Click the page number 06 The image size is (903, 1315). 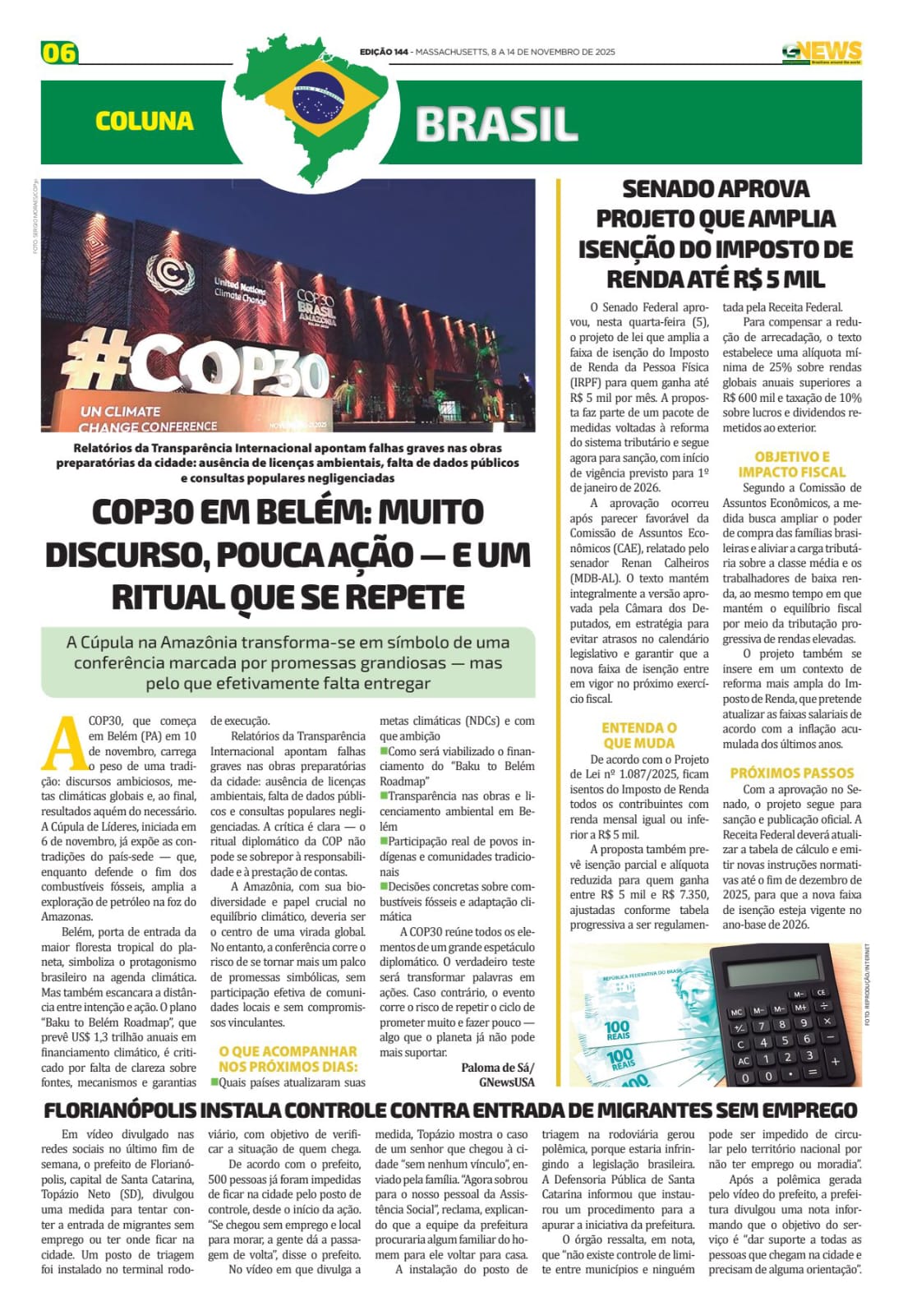tap(58, 53)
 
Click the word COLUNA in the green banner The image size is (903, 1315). tap(145, 122)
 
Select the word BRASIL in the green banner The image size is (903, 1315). tap(496, 124)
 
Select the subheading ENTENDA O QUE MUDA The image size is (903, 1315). tap(638, 735)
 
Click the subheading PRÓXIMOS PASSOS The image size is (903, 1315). tap(791, 773)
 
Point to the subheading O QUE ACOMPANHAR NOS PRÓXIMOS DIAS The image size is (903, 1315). tap(288, 1059)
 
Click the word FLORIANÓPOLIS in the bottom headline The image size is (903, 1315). tap(118, 1110)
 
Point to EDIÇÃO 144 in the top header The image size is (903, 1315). tap(384, 52)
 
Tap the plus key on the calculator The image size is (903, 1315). tap(835, 1060)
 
